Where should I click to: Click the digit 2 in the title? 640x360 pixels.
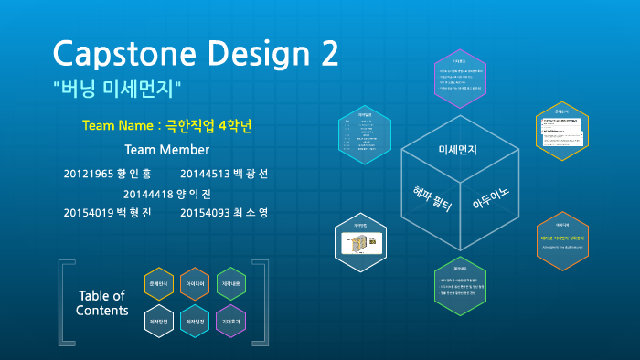tap(325, 54)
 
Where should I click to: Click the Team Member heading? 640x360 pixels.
tap(166, 149)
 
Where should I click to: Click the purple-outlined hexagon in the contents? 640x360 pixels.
tap(230, 322)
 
